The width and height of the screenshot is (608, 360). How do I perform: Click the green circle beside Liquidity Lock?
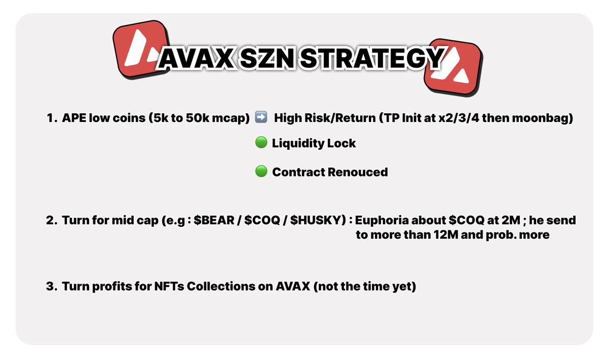pos(261,143)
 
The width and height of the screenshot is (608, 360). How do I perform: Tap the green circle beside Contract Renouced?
pos(261,172)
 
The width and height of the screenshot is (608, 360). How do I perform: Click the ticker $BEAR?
pos(212,221)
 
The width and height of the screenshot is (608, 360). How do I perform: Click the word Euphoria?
pos(384,221)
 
